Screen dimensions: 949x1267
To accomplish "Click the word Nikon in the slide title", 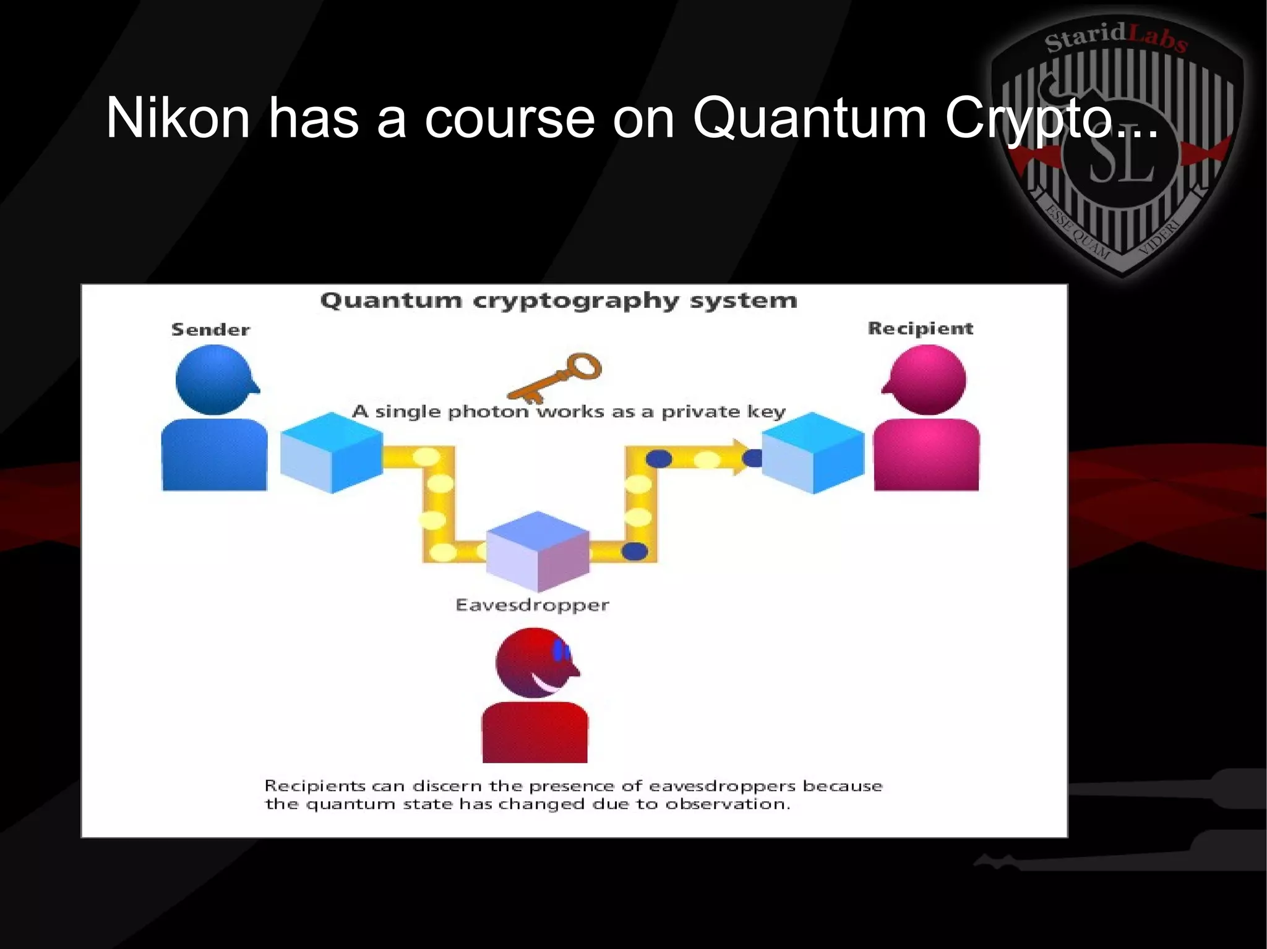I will pos(178,118).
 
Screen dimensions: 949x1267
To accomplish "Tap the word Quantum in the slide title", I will pos(809,118).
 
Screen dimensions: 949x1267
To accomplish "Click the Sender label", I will pos(210,330).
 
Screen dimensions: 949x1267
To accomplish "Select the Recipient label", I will pos(920,328).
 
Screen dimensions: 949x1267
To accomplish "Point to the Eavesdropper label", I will pos(532,605).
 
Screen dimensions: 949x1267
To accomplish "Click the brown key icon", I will pos(557,376).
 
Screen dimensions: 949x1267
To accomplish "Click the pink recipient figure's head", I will pos(927,380).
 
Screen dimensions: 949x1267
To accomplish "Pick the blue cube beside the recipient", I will pos(812,453).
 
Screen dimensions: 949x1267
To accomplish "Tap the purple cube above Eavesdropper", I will pos(537,551).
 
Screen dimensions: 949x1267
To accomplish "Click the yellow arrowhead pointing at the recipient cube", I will pos(741,457).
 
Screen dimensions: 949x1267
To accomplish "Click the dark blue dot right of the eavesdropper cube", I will pos(634,550).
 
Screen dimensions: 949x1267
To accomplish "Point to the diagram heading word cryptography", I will pos(576,301).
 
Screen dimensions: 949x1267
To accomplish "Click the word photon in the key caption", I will pos(488,412).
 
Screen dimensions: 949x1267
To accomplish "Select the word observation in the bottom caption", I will pos(728,804).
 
